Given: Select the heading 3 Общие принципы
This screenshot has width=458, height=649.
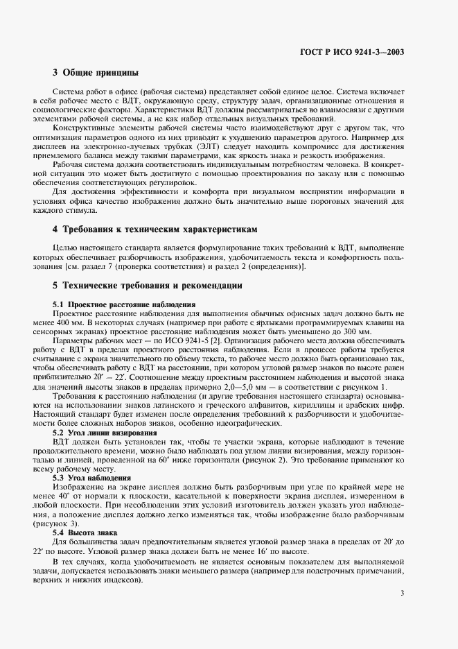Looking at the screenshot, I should [x=96, y=73].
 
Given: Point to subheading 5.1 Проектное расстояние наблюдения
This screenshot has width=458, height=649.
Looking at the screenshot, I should [x=124, y=304].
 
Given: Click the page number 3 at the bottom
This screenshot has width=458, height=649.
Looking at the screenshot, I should [x=403, y=593].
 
